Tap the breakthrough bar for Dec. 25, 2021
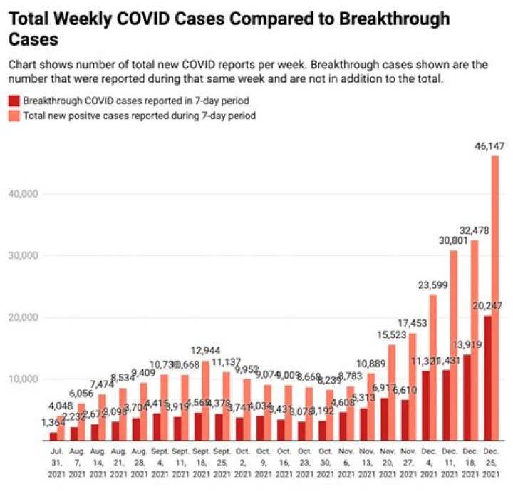point(487,378)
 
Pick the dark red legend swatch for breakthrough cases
point(14,101)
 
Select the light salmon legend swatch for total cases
point(14,115)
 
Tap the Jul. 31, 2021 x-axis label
point(53,463)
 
